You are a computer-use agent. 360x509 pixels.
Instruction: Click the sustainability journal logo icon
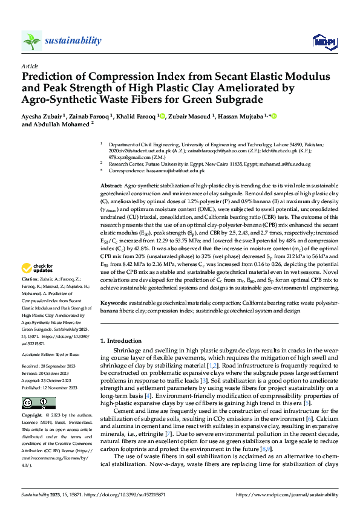coord(32,41)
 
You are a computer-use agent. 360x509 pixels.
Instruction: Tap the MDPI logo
coord(321,41)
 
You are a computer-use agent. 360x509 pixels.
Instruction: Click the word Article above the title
coord(30,66)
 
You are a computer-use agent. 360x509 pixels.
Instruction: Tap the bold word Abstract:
coord(111,184)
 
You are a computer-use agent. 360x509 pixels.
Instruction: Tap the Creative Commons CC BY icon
coord(39,403)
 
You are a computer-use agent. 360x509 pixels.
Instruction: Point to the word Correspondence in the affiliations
coord(126,171)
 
